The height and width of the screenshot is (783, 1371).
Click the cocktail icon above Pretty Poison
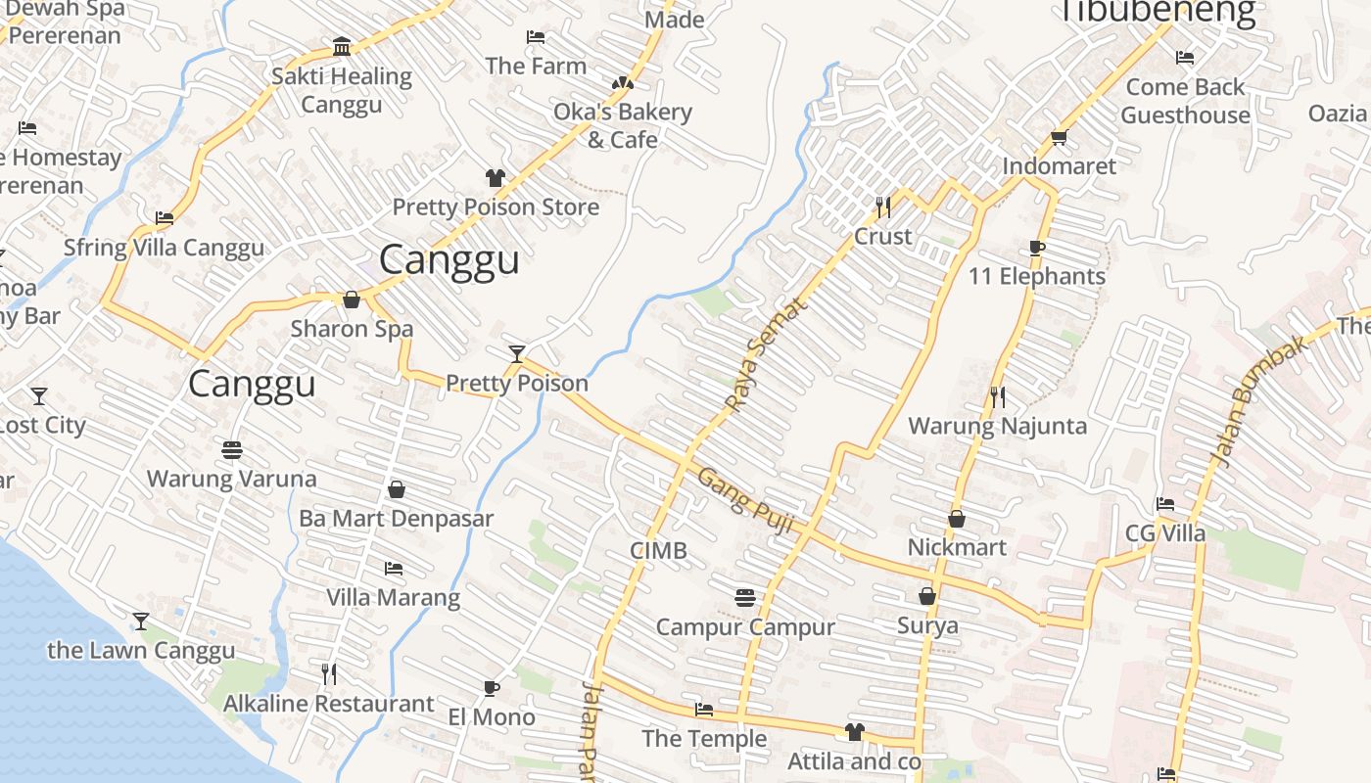tap(517, 353)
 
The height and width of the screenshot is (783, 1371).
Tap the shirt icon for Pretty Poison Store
tap(496, 178)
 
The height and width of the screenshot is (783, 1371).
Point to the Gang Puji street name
tap(744, 500)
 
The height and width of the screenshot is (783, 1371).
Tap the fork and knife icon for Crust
tap(883, 207)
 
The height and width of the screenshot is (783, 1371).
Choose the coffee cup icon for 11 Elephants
tap(1037, 248)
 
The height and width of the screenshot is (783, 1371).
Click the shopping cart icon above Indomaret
tap(1059, 137)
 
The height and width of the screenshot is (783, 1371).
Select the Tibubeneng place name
tap(1158, 12)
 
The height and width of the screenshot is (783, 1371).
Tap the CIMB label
tap(658, 551)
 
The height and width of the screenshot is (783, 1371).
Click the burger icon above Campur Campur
tap(745, 597)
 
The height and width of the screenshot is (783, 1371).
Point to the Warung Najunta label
tap(997, 426)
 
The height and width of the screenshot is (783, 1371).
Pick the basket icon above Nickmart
tap(957, 519)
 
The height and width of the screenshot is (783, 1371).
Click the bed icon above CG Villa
tap(1164, 504)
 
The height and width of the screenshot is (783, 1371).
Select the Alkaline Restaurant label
tap(328, 704)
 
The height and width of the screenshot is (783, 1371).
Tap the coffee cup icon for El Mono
tap(492, 688)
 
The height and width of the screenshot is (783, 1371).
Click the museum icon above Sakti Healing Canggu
tap(342, 47)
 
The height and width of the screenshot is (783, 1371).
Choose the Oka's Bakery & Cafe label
tap(623, 125)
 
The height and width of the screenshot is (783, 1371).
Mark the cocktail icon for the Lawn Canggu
tap(141, 622)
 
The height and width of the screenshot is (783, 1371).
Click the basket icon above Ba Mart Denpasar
tap(397, 489)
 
